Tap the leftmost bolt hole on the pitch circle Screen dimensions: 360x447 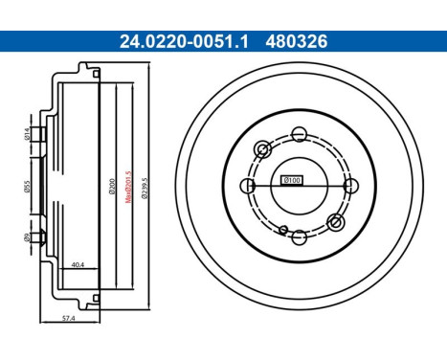pos(247,185)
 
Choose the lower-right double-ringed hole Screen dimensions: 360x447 pos(335,221)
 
